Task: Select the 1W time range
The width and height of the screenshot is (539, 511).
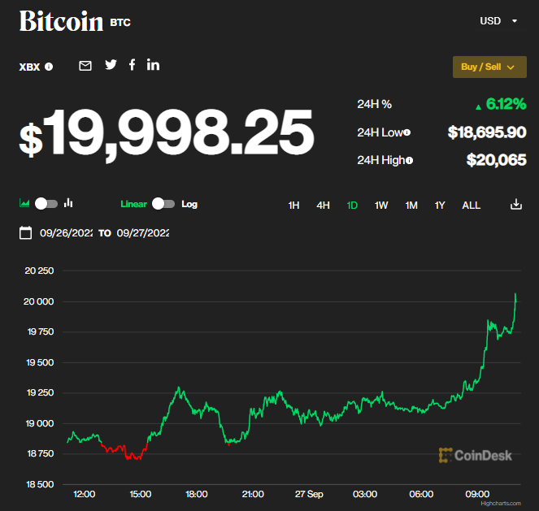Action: (x=381, y=206)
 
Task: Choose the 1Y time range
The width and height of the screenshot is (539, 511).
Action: (x=440, y=206)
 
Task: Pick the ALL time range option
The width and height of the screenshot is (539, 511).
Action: (x=472, y=206)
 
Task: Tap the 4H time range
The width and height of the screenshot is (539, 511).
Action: (x=323, y=206)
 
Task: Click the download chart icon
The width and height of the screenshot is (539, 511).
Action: (x=515, y=205)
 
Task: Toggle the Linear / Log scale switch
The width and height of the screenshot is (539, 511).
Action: (x=163, y=204)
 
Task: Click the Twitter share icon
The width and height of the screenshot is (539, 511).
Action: (x=111, y=65)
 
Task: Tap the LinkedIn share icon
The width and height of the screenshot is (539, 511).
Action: (x=153, y=65)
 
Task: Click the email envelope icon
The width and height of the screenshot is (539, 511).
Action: (x=85, y=66)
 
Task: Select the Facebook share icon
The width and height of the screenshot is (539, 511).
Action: (x=133, y=65)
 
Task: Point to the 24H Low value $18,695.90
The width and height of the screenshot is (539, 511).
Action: (x=487, y=132)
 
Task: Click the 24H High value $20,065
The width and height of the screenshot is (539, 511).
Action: (x=496, y=160)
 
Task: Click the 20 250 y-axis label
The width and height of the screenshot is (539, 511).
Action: (x=39, y=271)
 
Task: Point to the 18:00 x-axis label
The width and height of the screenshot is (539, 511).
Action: (x=197, y=494)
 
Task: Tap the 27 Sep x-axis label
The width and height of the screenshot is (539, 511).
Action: (x=309, y=494)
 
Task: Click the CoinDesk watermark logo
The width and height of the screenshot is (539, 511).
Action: (x=476, y=455)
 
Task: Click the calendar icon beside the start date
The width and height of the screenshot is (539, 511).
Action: (x=25, y=233)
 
